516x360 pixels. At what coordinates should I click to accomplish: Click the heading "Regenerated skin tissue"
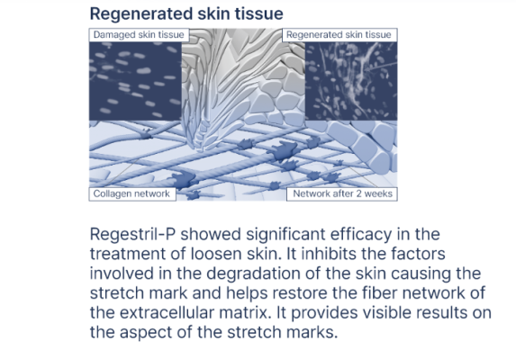[186, 13]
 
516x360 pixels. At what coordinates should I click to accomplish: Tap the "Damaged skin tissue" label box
[139, 35]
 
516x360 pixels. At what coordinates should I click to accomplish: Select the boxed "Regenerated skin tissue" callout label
[339, 35]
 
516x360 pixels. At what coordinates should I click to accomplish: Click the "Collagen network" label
[132, 193]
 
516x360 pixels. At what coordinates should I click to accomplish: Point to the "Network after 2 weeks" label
[342, 193]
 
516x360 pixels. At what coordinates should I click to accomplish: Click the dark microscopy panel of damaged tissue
[135, 81]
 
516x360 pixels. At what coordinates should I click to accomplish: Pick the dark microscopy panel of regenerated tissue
[351, 81]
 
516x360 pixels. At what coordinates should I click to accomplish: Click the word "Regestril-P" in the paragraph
[132, 235]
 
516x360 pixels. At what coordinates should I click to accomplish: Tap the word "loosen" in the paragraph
[215, 254]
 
